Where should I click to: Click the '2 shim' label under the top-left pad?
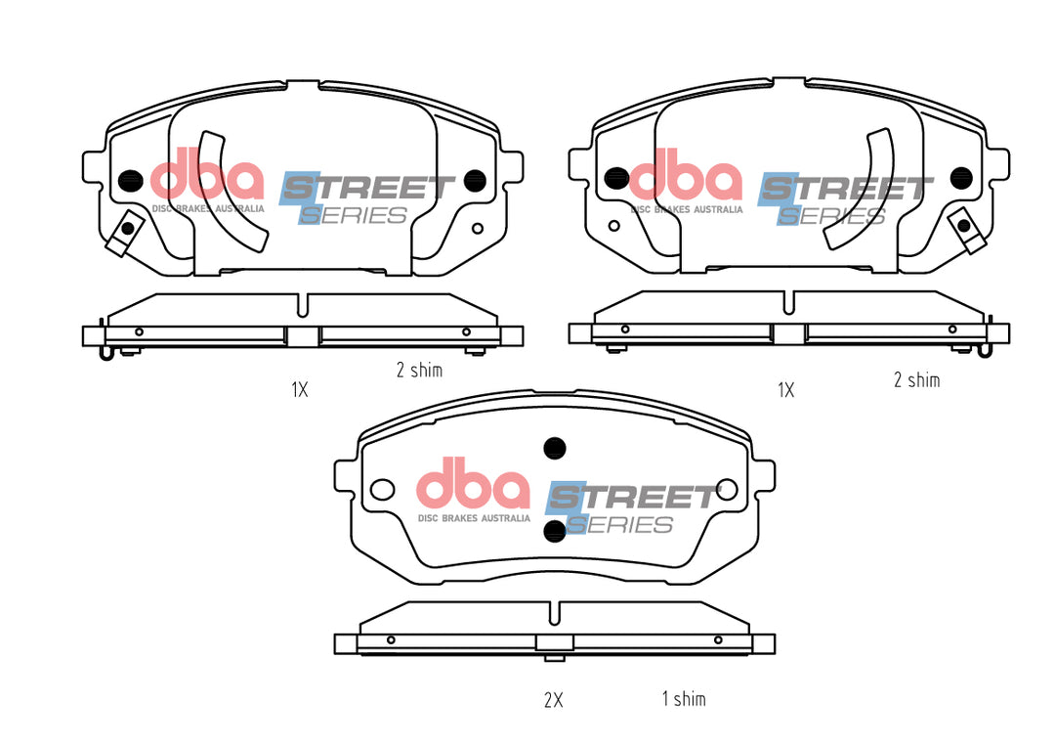coord(419,370)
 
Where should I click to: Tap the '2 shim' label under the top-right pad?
coord(916,380)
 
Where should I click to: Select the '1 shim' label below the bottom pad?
coord(684,698)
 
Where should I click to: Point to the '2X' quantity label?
coord(553,700)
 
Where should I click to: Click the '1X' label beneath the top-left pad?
coord(300,389)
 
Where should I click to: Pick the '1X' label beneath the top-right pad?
coord(785,390)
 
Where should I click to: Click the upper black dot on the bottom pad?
coord(555,448)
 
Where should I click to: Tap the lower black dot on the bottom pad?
coord(555,531)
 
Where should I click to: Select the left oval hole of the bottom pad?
coord(383,490)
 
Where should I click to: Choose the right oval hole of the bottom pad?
coord(727,490)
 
